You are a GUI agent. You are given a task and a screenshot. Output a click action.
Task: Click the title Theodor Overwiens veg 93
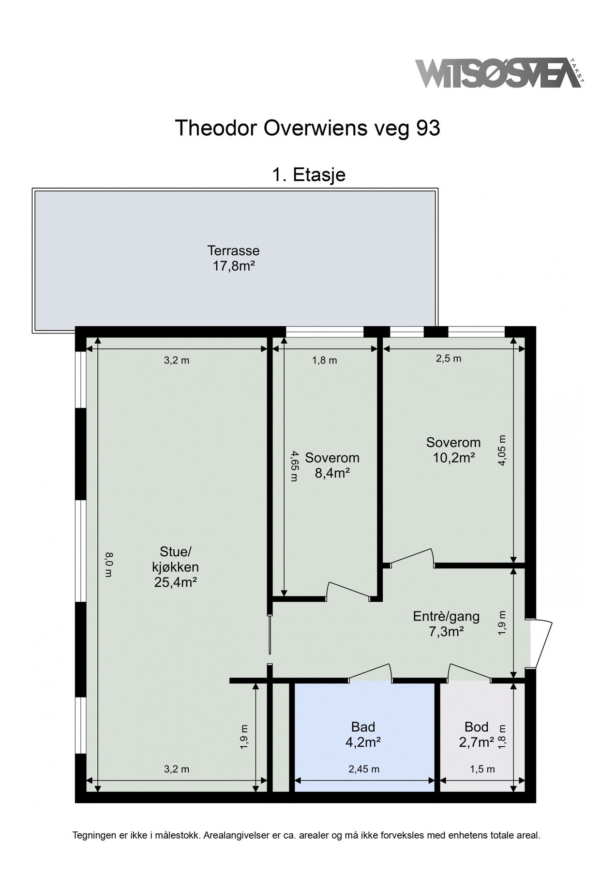coord(307,129)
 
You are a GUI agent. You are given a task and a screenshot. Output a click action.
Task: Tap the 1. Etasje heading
coord(309,174)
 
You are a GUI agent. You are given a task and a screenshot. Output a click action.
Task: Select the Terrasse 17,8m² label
coord(234,258)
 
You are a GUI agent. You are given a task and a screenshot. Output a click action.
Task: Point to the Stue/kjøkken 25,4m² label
coord(175,566)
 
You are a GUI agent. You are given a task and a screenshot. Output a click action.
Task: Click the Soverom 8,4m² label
coord(332,465)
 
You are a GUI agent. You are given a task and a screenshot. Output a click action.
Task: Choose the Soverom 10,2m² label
coord(453,449)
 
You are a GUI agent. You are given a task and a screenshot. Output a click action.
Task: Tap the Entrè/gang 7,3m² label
coord(446,623)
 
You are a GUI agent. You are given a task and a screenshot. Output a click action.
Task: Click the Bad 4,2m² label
coord(363,734)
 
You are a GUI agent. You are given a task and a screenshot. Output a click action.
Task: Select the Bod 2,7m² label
coord(477,734)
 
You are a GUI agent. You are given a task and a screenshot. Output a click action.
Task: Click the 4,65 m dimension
coord(293,466)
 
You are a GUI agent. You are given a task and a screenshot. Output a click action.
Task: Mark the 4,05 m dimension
coord(502,450)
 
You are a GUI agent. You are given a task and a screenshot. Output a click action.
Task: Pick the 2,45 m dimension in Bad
coord(364,769)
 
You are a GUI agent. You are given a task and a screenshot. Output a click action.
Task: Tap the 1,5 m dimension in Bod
coord(482,769)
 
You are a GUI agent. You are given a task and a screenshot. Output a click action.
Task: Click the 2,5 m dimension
coord(449,359)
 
